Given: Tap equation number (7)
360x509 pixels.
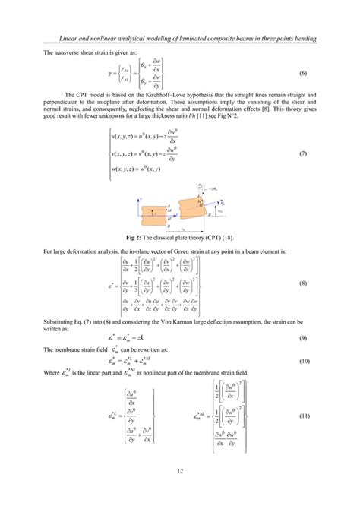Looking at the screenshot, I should click(301, 154).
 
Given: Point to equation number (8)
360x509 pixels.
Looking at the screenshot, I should click(301, 283).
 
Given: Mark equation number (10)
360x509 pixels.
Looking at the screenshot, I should click(301, 362).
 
